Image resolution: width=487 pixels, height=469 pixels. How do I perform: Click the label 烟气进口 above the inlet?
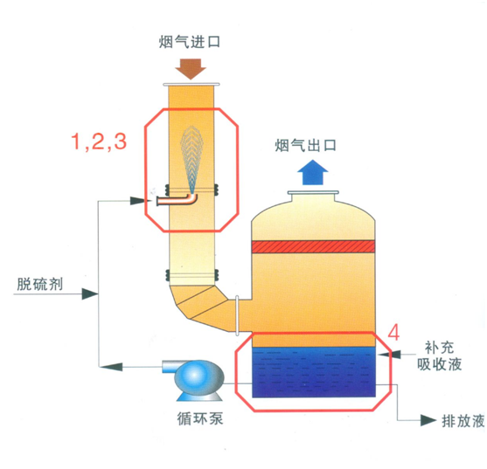pyautogui.click(x=190, y=42)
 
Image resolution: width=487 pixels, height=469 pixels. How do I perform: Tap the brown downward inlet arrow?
pyautogui.click(x=191, y=69)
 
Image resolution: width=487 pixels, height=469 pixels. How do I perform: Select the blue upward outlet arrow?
pyautogui.click(x=313, y=172)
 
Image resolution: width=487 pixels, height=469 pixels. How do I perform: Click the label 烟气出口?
pyautogui.click(x=306, y=145)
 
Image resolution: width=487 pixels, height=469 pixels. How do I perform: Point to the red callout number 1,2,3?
pyautogui.click(x=99, y=141)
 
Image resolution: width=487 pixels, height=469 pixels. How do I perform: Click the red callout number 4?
pyautogui.click(x=393, y=333)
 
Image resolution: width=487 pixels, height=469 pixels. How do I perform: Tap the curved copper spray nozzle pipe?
pyautogui.click(x=177, y=200)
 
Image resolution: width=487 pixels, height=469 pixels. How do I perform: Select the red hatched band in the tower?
pyautogui.click(x=313, y=246)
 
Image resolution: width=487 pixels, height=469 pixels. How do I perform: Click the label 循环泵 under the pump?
pyautogui.click(x=200, y=418)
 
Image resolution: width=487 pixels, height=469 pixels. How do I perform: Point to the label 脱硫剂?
pyautogui.click(x=39, y=284)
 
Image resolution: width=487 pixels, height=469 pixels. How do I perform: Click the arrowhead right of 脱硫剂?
pyautogui.click(x=90, y=293)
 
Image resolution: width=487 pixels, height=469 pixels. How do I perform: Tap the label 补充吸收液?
pyautogui.click(x=439, y=355)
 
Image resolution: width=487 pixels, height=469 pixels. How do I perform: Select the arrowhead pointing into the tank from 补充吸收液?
pyautogui.click(x=387, y=354)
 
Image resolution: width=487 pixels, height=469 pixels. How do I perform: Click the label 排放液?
pyautogui.click(x=463, y=421)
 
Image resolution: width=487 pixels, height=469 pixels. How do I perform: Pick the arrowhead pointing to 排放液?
pyautogui.click(x=428, y=420)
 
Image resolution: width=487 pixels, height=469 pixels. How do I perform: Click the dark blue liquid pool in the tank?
pyautogui.click(x=314, y=372)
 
